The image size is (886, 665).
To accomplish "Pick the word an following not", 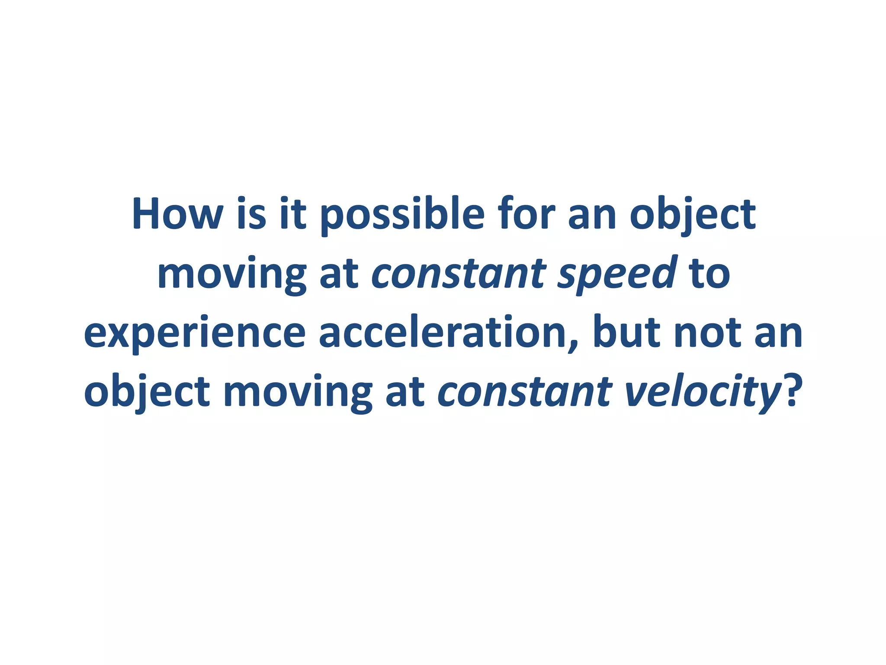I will tap(779, 333).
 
